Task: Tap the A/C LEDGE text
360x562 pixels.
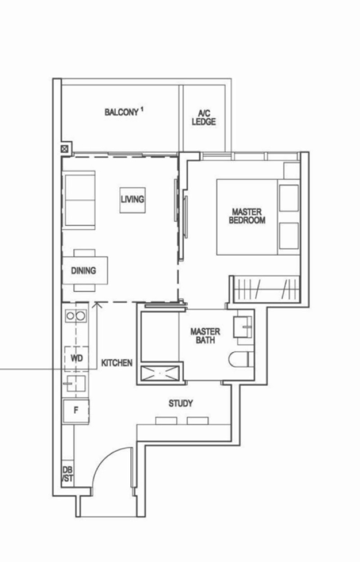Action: click(204, 117)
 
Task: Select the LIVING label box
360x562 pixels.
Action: click(133, 200)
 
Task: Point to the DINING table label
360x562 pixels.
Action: click(84, 270)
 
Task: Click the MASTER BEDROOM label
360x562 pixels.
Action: click(247, 216)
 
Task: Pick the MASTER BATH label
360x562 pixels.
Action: click(205, 336)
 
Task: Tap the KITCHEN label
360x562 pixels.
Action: click(117, 363)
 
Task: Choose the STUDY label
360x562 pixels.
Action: click(181, 403)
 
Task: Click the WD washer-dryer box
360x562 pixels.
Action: click(76, 358)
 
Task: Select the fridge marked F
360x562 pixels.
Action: click(76, 411)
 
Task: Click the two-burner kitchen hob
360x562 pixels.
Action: click(76, 316)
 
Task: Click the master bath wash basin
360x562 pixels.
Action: click(243, 327)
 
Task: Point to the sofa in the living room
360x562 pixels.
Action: click(79, 200)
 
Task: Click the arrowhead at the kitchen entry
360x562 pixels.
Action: click(97, 306)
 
